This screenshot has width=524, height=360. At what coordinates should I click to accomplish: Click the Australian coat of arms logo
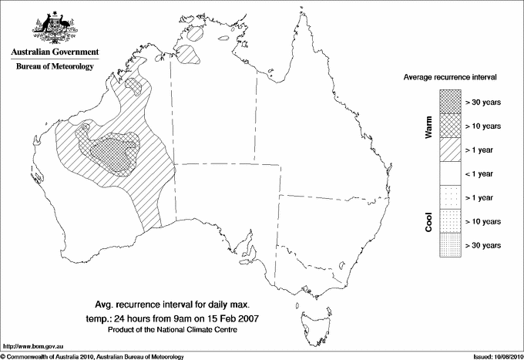coord(55,27)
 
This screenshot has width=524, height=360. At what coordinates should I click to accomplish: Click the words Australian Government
coord(55,52)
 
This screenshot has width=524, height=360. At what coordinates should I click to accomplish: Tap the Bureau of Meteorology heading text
coord(55,66)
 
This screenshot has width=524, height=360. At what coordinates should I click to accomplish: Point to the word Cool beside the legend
coord(428,221)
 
